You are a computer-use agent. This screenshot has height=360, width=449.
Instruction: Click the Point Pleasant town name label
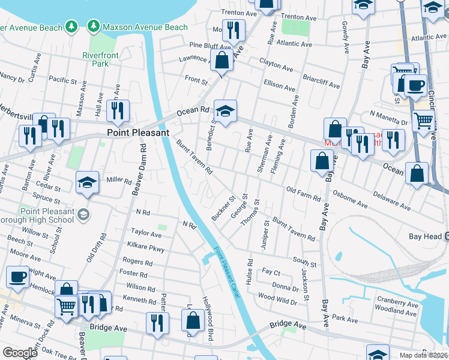(137, 133)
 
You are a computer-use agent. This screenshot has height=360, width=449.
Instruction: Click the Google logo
(20, 353)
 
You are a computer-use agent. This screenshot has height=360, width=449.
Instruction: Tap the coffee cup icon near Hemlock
(17, 277)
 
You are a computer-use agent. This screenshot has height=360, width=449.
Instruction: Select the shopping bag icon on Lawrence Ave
(222, 60)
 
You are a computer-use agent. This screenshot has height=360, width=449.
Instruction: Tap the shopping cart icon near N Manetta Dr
(424, 120)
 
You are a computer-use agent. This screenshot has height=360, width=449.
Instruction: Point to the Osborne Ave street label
(347, 202)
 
